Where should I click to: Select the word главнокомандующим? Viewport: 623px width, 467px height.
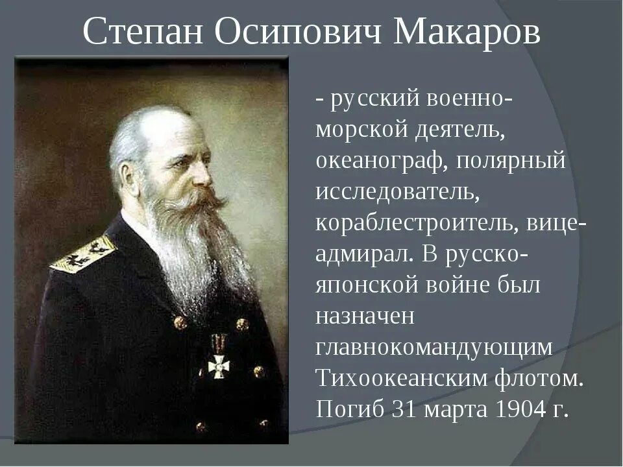pyautogui.click(x=434, y=348)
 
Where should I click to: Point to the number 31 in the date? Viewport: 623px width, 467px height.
pyautogui.click(x=407, y=409)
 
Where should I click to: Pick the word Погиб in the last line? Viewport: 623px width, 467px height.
pyautogui.click(x=350, y=409)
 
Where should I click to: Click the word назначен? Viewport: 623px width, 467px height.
pyautogui.click(x=365, y=317)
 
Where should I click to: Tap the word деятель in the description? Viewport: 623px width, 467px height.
pyautogui.click(x=460, y=130)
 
